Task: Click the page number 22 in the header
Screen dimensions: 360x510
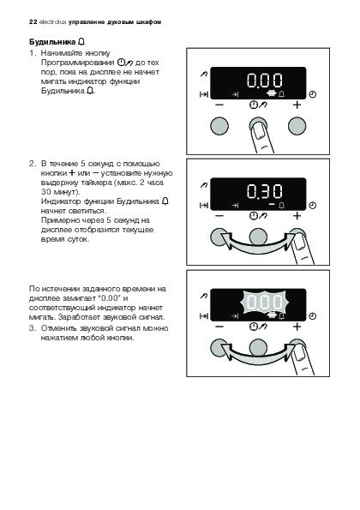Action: tap(33, 22)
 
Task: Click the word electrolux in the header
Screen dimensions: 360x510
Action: tap(52, 22)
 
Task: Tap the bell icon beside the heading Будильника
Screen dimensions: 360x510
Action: tap(81, 42)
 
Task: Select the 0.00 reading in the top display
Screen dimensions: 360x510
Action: tap(264, 81)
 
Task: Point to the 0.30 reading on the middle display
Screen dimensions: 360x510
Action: tap(264, 191)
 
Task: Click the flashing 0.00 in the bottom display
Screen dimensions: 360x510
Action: tap(264, 303)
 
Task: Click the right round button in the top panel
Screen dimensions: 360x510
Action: tap(297, 126)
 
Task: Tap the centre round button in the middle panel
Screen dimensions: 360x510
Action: tap(258, 237)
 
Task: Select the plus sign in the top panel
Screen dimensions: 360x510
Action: tap(297, 105)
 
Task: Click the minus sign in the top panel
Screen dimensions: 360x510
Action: tap(219, 105)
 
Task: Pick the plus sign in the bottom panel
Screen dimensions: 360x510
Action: tap(297, 327)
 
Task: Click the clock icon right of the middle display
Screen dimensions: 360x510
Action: tap(312, 206)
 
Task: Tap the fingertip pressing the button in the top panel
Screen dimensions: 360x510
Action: tap(261, 133)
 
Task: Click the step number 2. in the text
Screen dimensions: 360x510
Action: tap(33, 164)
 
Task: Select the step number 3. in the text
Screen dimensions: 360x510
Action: tap(33, 327)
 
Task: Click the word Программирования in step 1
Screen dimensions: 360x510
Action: tap(77, 63)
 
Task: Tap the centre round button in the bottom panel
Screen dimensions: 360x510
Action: tap(258, 348)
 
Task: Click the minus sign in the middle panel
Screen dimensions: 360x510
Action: tap(219, 216)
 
